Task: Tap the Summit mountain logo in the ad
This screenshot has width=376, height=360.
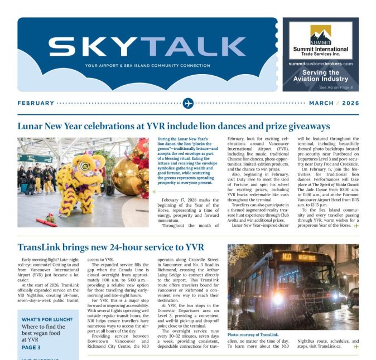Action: tap(321, 33)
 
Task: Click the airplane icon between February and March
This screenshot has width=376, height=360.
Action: tap(188, 103)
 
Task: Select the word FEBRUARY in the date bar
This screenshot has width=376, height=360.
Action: tap(36, 103)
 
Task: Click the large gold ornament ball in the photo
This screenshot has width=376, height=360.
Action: tap(127, 177)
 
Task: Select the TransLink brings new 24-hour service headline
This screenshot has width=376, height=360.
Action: tap(110, 247)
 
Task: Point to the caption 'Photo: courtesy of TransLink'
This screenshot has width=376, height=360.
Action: tap(253, 335)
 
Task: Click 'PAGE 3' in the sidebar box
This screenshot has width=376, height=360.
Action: tap(31, 347)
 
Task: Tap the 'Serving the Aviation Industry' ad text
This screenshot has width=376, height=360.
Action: tap(321, 76)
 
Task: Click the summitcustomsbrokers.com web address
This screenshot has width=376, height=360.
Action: tap(321, 64)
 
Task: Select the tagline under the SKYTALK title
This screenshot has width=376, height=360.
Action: tap(147, 66)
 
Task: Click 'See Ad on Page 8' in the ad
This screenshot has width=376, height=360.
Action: tap(335, 87)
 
